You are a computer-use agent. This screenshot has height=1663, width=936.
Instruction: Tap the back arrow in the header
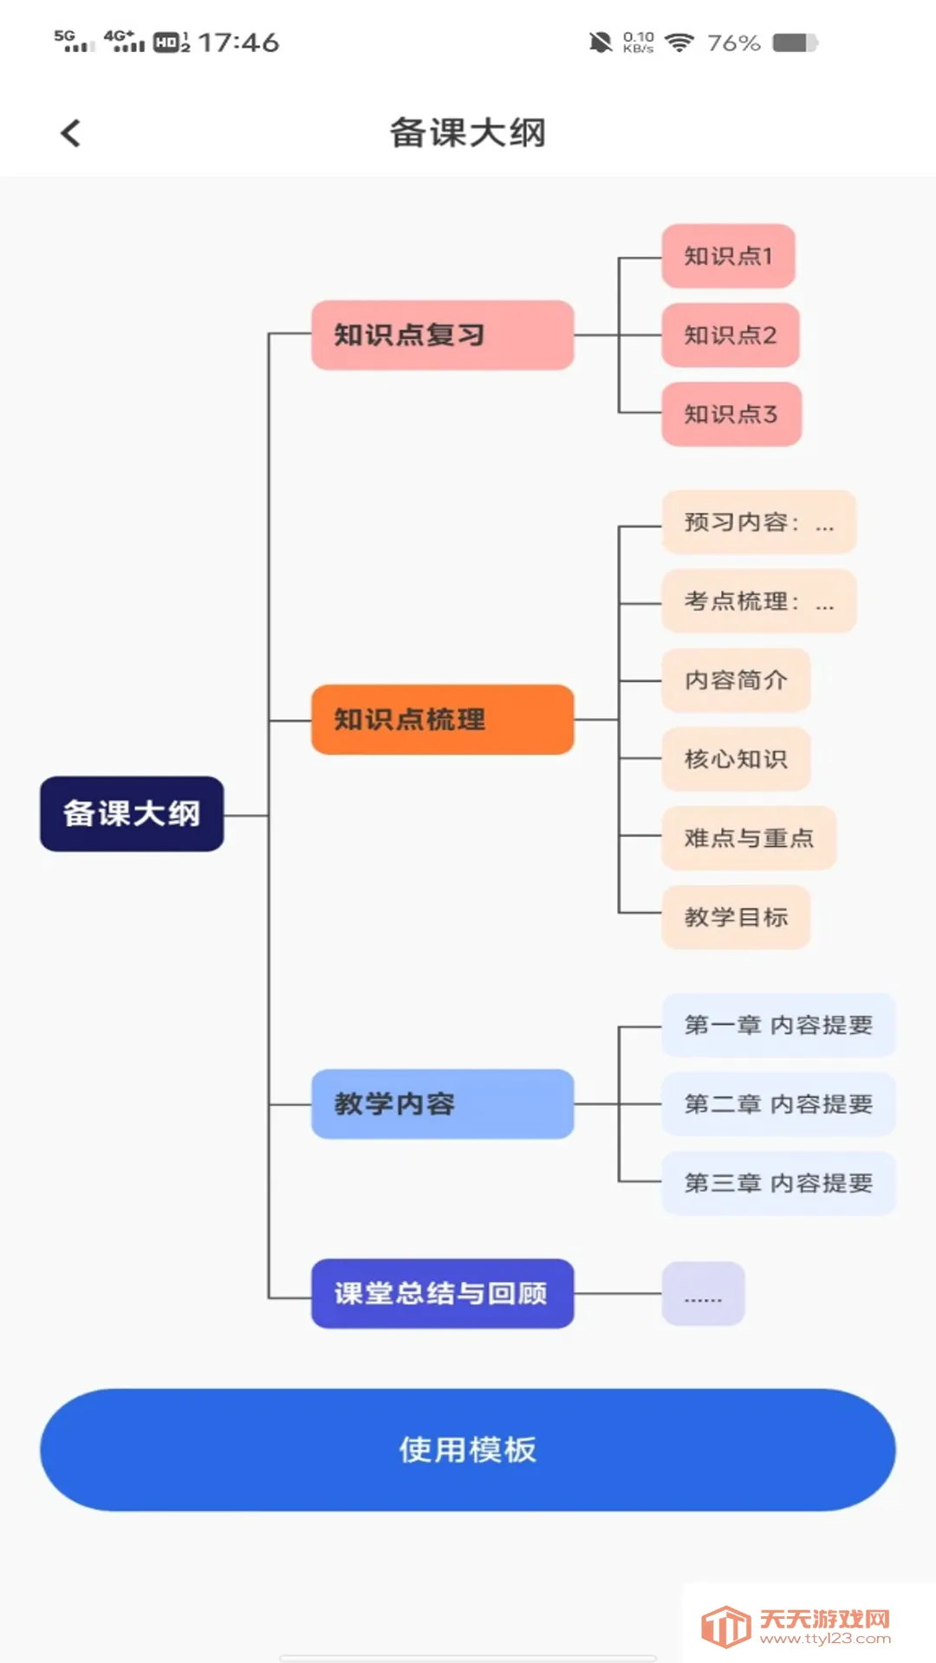coord(71,133)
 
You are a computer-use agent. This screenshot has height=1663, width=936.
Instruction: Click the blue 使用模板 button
coord(468,1450)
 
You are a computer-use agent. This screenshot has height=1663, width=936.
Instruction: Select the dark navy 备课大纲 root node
coord(132,814)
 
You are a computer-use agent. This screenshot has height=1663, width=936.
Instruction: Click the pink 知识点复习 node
coord(442,335)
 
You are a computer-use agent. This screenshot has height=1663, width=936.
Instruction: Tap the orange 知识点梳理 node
coord(442,720)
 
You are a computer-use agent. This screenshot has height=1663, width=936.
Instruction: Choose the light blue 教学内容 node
coord(442,1104)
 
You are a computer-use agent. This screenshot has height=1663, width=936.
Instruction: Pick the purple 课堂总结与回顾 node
coord(442,1293)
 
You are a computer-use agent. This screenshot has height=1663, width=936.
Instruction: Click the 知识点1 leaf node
coord(728,256)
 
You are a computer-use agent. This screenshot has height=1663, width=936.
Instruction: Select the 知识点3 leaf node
coord(731,414)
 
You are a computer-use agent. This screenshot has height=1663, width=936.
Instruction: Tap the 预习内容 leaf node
coord(758,522)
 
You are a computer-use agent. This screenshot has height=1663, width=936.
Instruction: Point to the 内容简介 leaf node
coord(736,680)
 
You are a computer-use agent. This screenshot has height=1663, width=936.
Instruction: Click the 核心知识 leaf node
coord(736,760)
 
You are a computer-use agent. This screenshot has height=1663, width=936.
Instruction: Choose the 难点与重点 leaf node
coord(749,838)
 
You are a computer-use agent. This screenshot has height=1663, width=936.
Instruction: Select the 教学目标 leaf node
coord(736,917)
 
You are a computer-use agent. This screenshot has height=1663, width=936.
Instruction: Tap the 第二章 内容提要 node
coord(778,1104)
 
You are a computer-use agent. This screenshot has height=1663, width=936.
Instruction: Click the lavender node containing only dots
coord(703,1294)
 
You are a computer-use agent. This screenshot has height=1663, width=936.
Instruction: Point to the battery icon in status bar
coord(795,42)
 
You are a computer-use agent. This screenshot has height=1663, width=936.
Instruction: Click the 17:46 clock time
coord(238,42)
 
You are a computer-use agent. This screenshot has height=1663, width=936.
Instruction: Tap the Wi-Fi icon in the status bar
coord(679,42)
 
